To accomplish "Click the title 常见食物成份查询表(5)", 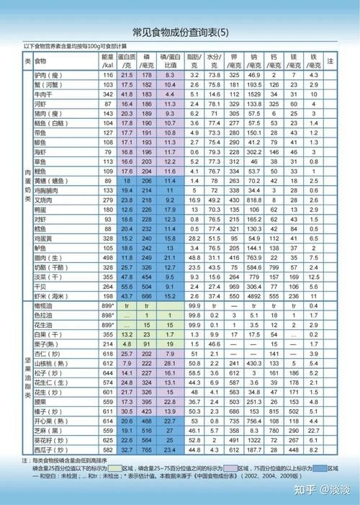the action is tap(180, 33).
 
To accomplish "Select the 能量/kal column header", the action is tap(108, 61).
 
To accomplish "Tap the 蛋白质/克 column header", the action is tap(127, 61).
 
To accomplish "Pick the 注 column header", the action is tap(330, 61).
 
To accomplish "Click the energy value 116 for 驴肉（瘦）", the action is tap(108, 75).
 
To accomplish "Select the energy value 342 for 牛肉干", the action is tap(108, 94).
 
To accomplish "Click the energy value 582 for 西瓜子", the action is tap(108, 449).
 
